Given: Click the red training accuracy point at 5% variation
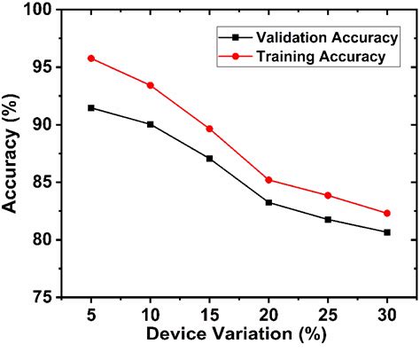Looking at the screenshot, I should coord(91,59).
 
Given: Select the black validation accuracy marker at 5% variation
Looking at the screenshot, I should coord(91,107).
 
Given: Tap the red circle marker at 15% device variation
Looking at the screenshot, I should coord(209,129).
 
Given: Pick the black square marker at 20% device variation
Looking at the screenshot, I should coord(268,202).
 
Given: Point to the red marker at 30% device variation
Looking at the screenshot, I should coord(387,213).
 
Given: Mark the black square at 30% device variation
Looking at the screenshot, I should coord(387,232).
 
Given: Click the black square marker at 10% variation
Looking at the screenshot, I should coord(151,124).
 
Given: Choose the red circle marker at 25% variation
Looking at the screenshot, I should coord(328,195).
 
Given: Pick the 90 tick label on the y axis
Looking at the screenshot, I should coord(41,125).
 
